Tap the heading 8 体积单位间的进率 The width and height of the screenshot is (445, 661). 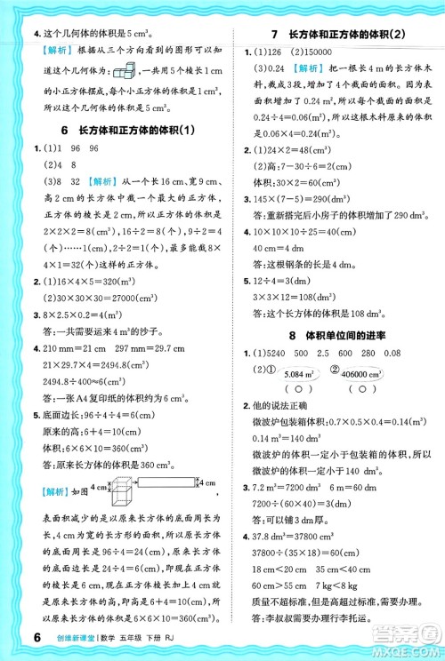pos(339,336)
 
